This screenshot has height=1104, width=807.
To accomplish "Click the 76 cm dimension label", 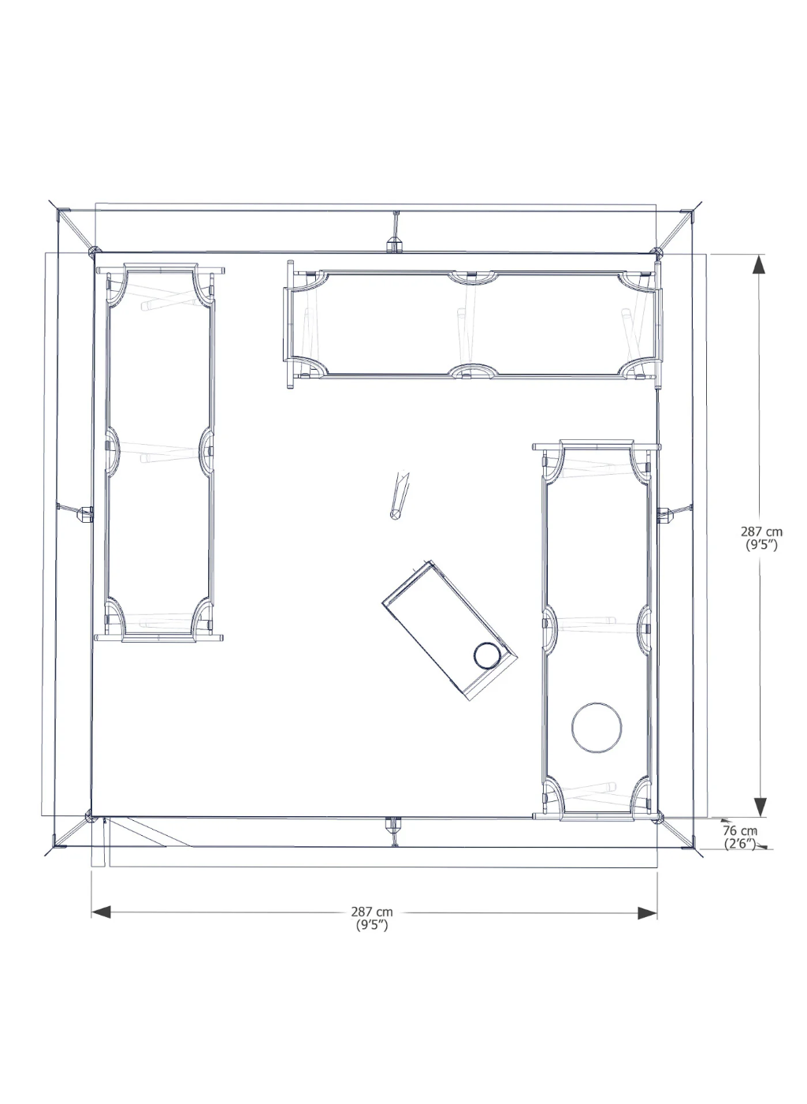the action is click(739, 830).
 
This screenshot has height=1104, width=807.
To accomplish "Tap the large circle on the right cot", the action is click(596, 727).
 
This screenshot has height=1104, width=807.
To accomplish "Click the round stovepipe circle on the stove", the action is click(487, 655).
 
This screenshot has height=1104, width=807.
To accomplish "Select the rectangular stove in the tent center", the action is click(449, 630).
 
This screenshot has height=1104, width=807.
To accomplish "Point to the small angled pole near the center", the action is click(400, 495).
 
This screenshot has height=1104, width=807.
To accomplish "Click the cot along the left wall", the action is click(160, 453).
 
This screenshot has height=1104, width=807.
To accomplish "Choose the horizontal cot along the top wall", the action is click(473, 325).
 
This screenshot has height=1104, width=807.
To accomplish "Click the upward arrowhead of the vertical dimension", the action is click(759, 265).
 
